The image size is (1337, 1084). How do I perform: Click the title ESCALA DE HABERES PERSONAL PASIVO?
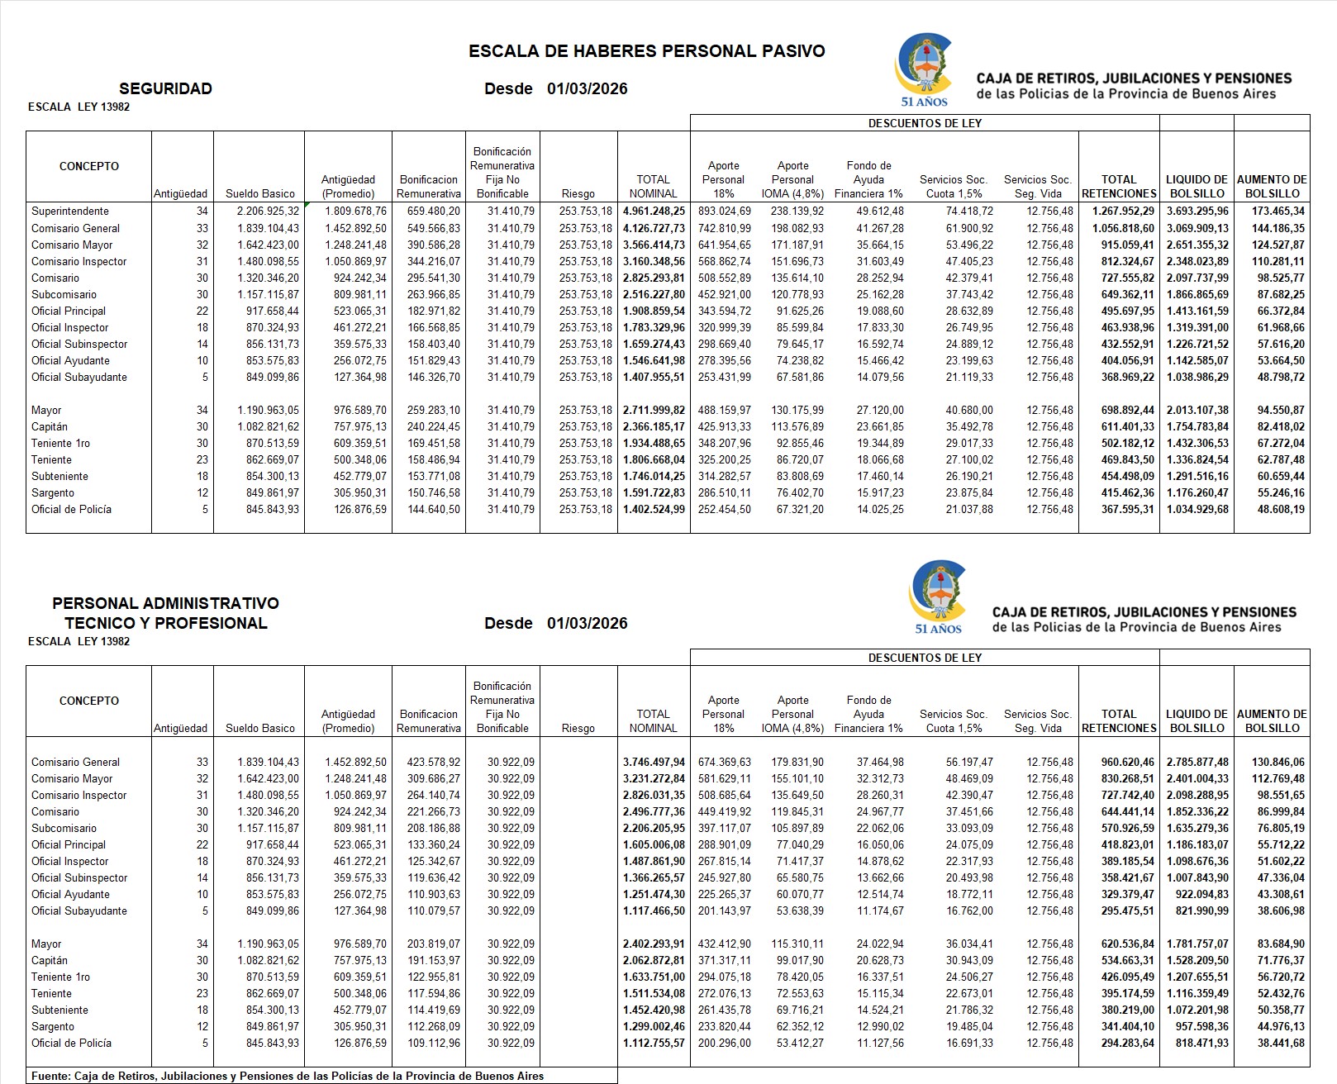point(646,51)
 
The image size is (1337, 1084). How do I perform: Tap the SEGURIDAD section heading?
point(165,89)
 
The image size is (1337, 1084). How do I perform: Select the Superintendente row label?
point(70,212)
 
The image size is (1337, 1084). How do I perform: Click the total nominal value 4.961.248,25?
point(654,212)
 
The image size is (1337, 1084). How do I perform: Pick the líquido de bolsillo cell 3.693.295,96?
point(1197,212)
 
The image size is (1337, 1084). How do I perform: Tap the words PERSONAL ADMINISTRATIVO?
point(165,603)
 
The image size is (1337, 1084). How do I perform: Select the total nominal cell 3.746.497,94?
point(654,762)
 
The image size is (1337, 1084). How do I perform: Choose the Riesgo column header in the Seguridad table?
point(578,193)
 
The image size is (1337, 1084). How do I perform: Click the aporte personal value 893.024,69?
point(723,212)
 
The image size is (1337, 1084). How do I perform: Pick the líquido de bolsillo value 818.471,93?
point(1197,1043)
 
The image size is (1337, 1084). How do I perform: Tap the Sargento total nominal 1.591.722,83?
point(654,492)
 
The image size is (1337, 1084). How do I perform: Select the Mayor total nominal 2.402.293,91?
point(654,944)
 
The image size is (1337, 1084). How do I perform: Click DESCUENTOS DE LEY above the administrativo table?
point(925,658)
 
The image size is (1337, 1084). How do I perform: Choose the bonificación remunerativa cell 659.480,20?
point(428,212)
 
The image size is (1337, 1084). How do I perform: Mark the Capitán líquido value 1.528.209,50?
point(1197,960)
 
